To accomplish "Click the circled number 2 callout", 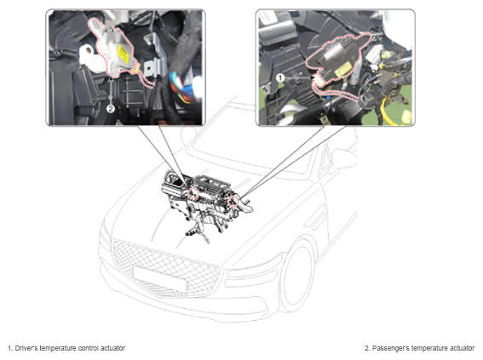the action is tap(111, 108).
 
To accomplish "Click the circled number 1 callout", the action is tap(280, 77).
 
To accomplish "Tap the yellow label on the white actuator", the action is tap(124, 54).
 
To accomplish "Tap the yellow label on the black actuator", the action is tap(342, 69).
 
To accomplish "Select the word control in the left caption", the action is tap(89, 348).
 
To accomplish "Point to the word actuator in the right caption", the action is tap(461, 348).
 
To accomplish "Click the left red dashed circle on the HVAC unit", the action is tap(193, 193).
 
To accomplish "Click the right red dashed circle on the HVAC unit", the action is tap(233, 201).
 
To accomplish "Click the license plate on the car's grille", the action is tap(160, 279).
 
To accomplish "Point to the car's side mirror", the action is tap(343, 159).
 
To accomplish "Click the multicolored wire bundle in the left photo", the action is tap(182, 88).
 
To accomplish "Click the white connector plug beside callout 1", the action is tap(318, 81).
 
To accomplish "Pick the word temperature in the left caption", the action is tap(58, 348).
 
